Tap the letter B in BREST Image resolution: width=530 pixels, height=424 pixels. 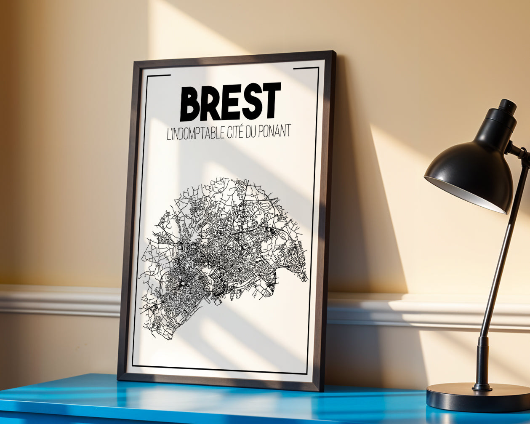pyautogui.click(x=190, y=104)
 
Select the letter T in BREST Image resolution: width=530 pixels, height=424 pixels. pyautogui.click(x=271, y=100)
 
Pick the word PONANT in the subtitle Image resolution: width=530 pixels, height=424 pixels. pyautogui.click(x=277, y=131)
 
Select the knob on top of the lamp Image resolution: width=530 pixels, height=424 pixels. pyautogui.click(x=508, y=106)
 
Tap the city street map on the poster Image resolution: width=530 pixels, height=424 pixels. pyautogui.click(x=223, y=253)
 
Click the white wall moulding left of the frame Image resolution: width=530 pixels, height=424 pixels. pyautogui.click(x=59, y=300)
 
